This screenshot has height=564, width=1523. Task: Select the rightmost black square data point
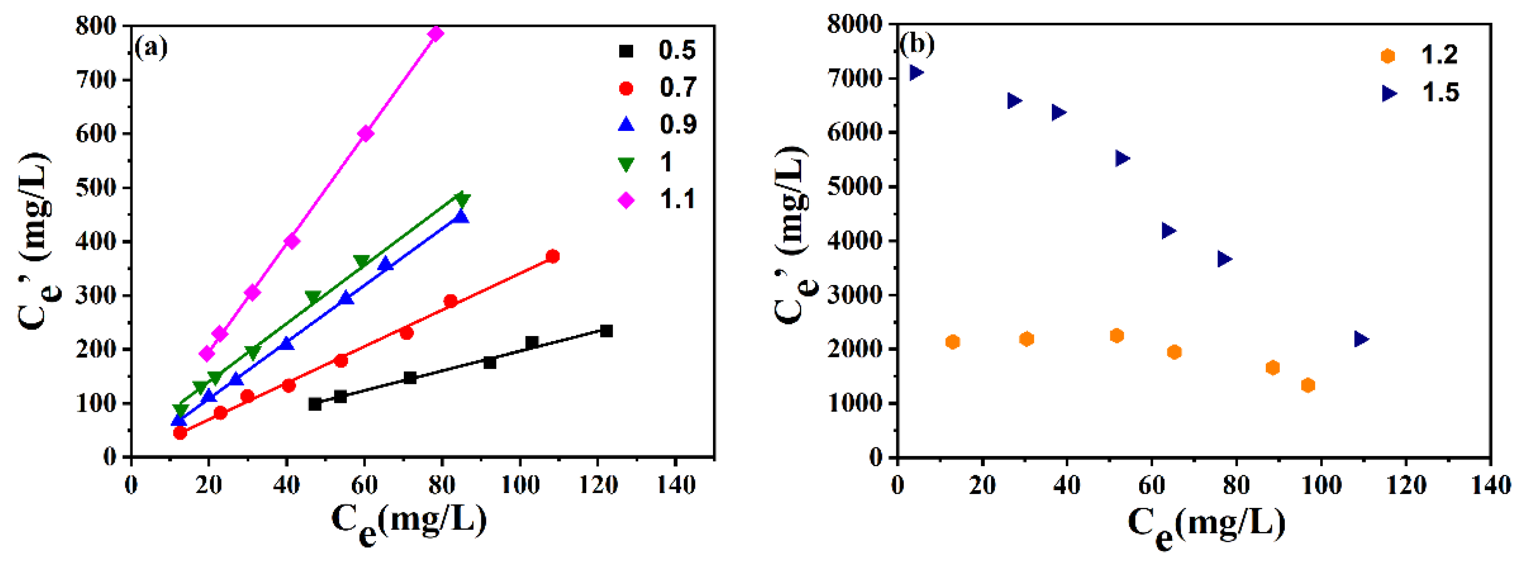click(606, 331)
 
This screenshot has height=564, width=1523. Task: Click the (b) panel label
click(917, 45)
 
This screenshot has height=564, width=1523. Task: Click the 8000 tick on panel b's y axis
click(854, 25)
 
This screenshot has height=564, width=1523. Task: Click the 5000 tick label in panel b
click(854, 187)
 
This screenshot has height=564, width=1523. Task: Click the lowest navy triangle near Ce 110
click(1361, 339)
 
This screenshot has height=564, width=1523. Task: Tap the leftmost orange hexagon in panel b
click(953, 342)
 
